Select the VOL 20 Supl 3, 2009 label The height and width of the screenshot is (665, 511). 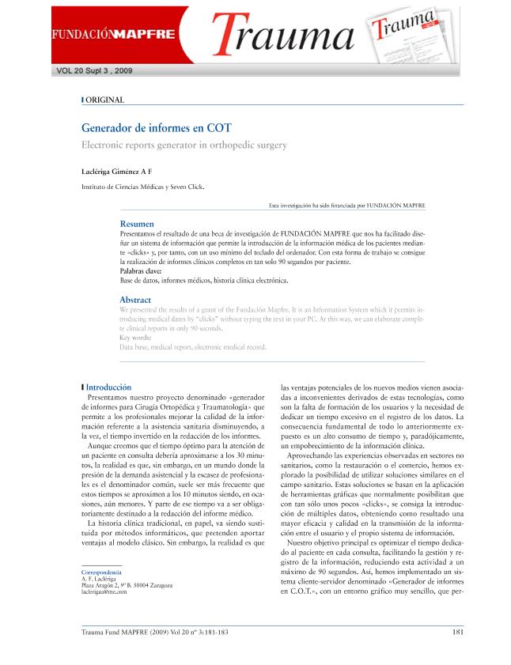pos(94,70)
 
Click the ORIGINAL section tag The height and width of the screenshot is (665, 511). pos(104,100)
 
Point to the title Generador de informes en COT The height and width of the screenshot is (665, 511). pos(157,127)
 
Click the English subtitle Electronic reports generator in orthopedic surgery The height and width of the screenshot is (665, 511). pos(184,145)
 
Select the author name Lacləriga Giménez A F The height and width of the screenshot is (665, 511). pos(117,171)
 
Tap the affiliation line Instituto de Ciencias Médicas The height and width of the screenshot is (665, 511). pos(143,187)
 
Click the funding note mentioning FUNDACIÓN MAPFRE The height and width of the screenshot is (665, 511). pos(347,206)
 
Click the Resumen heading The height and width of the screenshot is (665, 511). pos(136,225)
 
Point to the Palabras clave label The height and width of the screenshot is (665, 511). pos(141,270)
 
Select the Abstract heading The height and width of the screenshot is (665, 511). pos(135,300)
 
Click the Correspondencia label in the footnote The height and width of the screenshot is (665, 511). pos(102,572)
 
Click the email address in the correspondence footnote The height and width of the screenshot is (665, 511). pos(104,591)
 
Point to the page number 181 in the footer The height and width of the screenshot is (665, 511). pos(457,631)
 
